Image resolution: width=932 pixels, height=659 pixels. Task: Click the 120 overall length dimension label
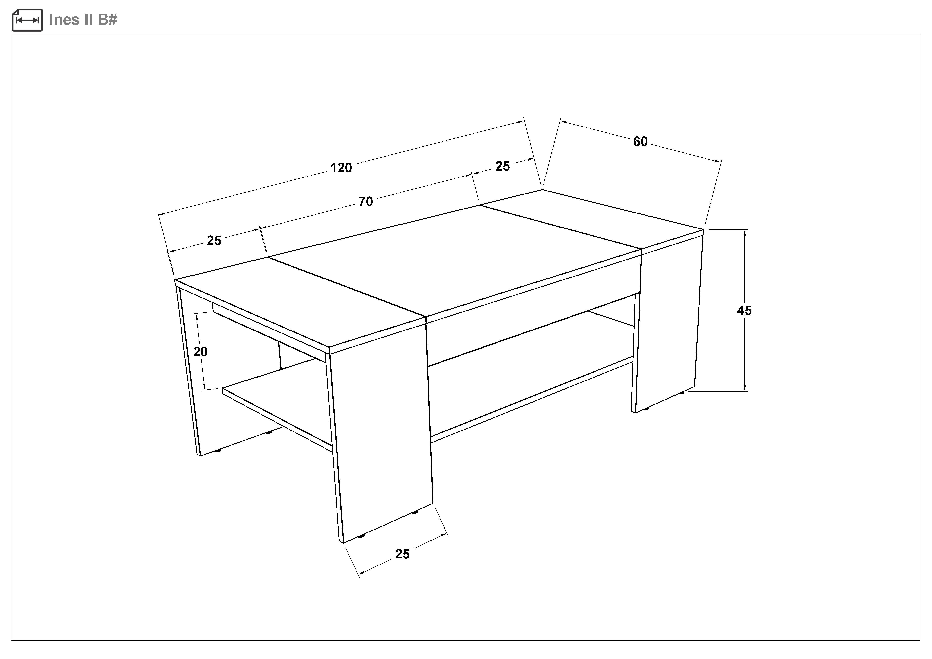click(341, 168)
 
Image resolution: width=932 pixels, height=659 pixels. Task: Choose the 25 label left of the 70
click(214, 241)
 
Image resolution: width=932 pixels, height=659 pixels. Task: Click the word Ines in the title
click(65, 20)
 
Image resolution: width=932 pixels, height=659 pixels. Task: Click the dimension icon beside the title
click(27, 20)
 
